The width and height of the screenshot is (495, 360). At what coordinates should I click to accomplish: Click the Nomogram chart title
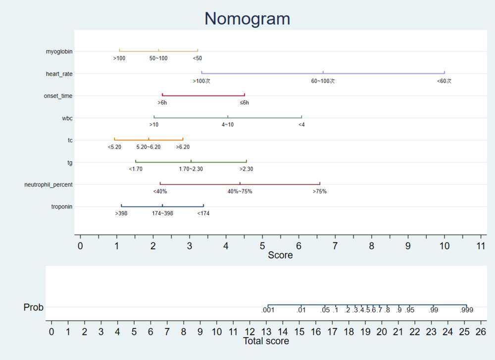(x=247, y=19)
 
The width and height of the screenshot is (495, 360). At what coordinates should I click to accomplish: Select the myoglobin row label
(x=59, y=51)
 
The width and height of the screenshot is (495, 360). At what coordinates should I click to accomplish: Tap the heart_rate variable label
(x=59, y=74)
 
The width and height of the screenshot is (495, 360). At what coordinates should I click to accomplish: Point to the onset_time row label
(x=58, y=96)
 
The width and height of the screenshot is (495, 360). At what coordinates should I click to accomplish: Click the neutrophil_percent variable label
(x=49, y=184)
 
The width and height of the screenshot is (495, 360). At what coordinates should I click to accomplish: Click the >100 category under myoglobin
(x=119, y=58)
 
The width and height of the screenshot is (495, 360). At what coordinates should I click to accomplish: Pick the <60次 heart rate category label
(x=444, y=81)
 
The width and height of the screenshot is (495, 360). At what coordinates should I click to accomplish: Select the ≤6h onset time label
(x=244, y=103)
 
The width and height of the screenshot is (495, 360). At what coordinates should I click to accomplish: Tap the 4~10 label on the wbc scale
(x=228, y=125)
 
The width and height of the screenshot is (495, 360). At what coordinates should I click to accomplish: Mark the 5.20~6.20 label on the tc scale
(x=148, y=147)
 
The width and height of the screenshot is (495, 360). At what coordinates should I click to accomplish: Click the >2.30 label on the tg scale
(x=246, y=169)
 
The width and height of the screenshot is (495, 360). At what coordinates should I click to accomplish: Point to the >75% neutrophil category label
(x=319, y=191)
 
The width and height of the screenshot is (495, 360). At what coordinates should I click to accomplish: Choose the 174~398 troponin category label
(x=162, y=214)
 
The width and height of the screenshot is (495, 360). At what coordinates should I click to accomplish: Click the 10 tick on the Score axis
(x=445, y=246)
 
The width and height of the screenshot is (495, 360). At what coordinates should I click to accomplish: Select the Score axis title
(x=280, y=256)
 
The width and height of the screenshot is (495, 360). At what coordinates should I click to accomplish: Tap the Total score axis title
(x=266, y=341)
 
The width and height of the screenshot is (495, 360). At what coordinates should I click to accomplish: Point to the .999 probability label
(x=466, y=311)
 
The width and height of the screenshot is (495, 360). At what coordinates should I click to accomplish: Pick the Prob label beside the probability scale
(x=34, y=308)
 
